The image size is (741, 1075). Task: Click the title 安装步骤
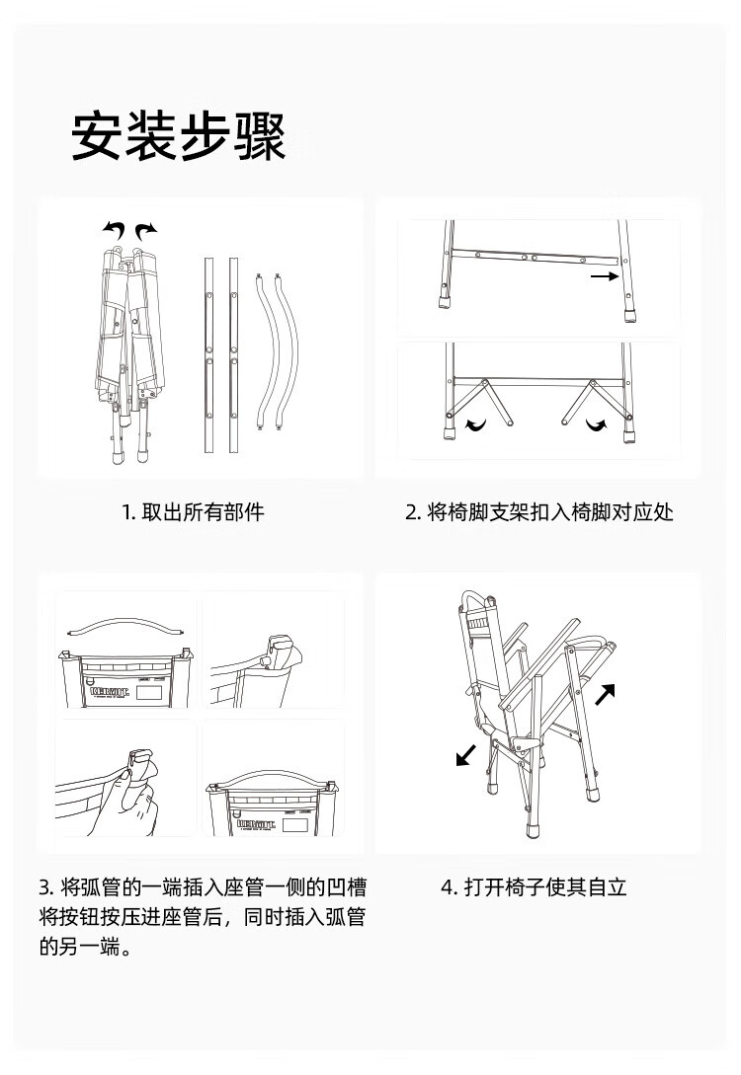(179, 137)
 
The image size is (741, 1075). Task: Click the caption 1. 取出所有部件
(193, 512)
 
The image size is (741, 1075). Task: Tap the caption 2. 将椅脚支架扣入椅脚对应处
(538, 512)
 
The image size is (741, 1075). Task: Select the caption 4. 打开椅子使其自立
(534, 886)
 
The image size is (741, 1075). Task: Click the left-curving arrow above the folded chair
(115, 231)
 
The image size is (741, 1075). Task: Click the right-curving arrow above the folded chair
(146, 231)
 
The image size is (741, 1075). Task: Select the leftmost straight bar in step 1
(209, 355)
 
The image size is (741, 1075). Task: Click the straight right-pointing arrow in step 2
(604, 278)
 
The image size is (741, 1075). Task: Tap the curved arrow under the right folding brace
(597, 425)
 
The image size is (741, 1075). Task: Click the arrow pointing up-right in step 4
(606, 693)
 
